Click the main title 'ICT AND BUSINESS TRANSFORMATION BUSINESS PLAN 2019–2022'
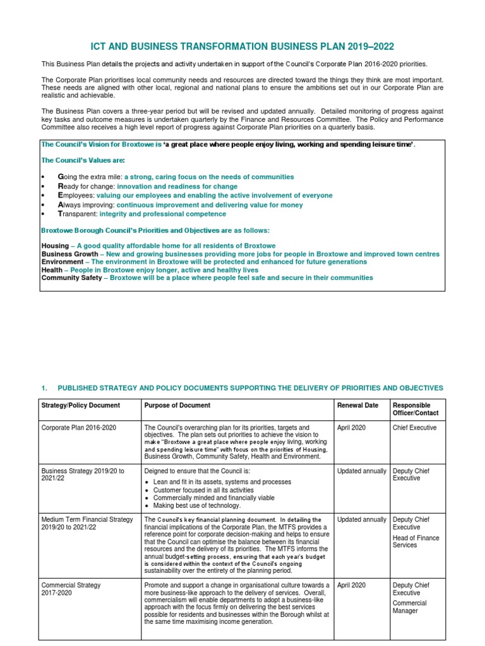pos(242,48)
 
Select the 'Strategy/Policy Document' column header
pos(80,405)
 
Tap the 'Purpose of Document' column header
pos(177,405)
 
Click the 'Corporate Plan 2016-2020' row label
pos(79,428)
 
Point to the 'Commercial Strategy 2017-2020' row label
pos(71,589)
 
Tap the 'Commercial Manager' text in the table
pos(409,607)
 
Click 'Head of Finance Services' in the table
pos(416,541)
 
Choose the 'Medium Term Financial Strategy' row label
pos(87,520)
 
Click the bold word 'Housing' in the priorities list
pos(55,245)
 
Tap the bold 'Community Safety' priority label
pos(71,278)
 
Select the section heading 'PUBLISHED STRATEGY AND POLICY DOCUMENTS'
pos(250,388)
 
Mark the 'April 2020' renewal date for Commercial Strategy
pos(352,585)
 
